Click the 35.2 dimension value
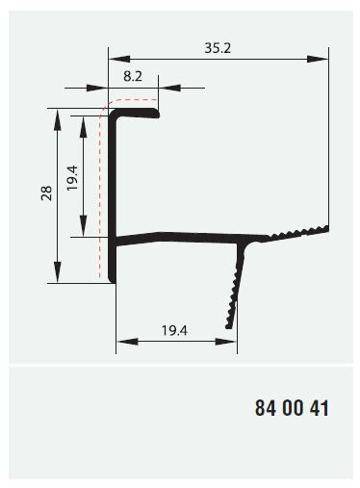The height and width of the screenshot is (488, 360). [218, 48]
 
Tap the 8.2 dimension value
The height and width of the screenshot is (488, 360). [133, 76]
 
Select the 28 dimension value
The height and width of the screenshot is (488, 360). [46, 193]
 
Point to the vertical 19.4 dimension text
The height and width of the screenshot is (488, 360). [72, 178]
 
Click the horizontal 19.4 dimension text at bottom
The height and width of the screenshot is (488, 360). [174, 330]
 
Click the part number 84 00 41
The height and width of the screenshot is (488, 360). [292, 408]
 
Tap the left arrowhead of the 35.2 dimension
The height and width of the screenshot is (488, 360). [119, 59]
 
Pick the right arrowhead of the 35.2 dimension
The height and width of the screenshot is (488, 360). [318, 59]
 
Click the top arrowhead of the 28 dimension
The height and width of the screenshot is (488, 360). [58, 119]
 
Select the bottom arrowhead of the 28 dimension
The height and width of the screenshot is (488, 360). [58, 272]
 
